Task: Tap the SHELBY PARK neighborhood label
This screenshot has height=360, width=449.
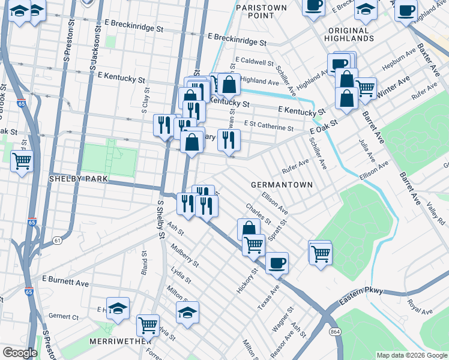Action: [x=78, y=179]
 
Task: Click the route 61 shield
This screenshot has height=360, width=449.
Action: [x=57, y=241]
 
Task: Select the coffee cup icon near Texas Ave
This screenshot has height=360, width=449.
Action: [x=277, y=262]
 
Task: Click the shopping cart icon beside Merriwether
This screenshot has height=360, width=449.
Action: [x=148, y=325]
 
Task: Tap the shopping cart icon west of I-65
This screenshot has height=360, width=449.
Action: [x=22, y=161]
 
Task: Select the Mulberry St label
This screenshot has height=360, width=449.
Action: [x=184, y=253]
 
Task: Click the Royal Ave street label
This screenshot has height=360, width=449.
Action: [x=419, y=307]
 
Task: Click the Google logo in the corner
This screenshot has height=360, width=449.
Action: [x=20, y=353]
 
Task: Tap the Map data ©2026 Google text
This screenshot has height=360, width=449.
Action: [x=411, y=355]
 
